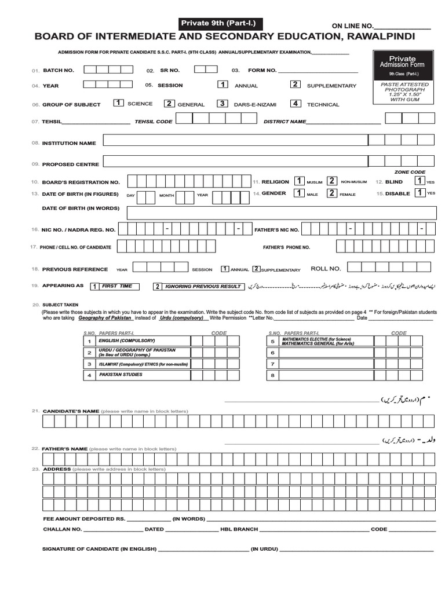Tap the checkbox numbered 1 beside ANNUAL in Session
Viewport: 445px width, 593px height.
click(222, 85)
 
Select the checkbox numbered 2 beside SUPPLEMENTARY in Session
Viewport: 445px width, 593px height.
click(295, 85)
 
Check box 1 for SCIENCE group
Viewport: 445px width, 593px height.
click(118, 103)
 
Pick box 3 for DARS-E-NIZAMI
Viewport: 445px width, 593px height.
click(222, 104)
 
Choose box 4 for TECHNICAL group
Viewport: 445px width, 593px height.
click(296, 104)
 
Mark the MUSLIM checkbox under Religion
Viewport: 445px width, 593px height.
click(300, 181)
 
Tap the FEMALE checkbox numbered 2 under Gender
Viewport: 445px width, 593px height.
click(332, 193)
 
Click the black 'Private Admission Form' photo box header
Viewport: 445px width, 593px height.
click(402, 65)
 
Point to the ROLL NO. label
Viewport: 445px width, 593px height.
click(326, 269)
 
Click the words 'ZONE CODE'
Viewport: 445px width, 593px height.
click(410, 172)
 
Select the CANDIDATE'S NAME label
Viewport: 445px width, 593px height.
click(71, 411)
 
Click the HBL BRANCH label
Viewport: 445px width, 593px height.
click(239, 529)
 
